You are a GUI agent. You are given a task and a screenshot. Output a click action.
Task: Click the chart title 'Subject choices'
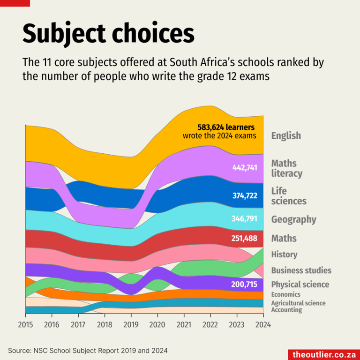click(108, 34)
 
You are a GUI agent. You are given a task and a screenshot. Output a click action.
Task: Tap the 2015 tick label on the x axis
click(25, 324)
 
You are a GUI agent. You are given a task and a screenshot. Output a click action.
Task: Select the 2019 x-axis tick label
click(131, 324)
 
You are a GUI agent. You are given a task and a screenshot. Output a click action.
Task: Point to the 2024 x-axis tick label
click(263, 324)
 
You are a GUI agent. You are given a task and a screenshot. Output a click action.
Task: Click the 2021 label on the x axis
click(184, 324)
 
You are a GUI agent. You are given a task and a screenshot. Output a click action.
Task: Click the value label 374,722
click(245, 195)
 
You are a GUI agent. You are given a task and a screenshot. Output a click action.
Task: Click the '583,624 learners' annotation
click(226, 127)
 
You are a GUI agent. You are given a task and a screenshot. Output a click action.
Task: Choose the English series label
click(286, 136)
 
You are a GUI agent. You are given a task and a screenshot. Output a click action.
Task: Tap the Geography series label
click(293, 219)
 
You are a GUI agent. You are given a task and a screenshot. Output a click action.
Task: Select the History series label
click(284, 255)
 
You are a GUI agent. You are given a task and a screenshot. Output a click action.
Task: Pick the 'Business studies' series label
click(301, 270)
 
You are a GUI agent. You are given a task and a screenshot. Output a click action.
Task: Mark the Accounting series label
click(286, 310)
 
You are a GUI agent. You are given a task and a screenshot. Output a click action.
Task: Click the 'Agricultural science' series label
click(298, 303)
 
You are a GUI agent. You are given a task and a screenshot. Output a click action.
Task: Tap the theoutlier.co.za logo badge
click(323, 354)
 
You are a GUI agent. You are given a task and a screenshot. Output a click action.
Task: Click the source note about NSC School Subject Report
click(88, 350)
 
